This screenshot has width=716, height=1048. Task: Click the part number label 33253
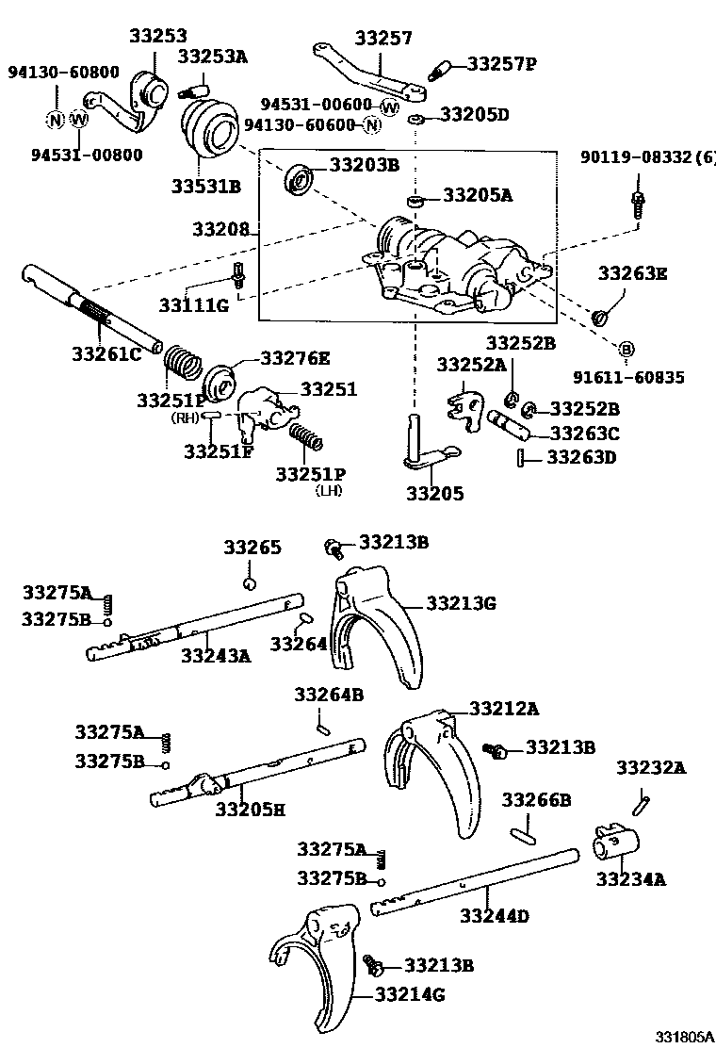click(158, 37)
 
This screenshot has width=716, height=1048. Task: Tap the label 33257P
click(502, 64)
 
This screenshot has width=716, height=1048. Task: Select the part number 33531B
click(205, 186)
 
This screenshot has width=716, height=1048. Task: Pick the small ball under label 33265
click(249, 582)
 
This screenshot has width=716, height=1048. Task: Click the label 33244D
click(495, 915)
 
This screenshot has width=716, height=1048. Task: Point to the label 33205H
click(250, 808)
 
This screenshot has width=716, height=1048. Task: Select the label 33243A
click(216, 655)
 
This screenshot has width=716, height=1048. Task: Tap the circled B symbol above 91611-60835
click(626, 350)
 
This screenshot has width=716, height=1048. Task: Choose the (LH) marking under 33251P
click(329, 490)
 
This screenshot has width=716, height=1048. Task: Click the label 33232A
click(651, 768)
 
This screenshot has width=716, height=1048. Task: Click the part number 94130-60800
click(52, 72)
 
